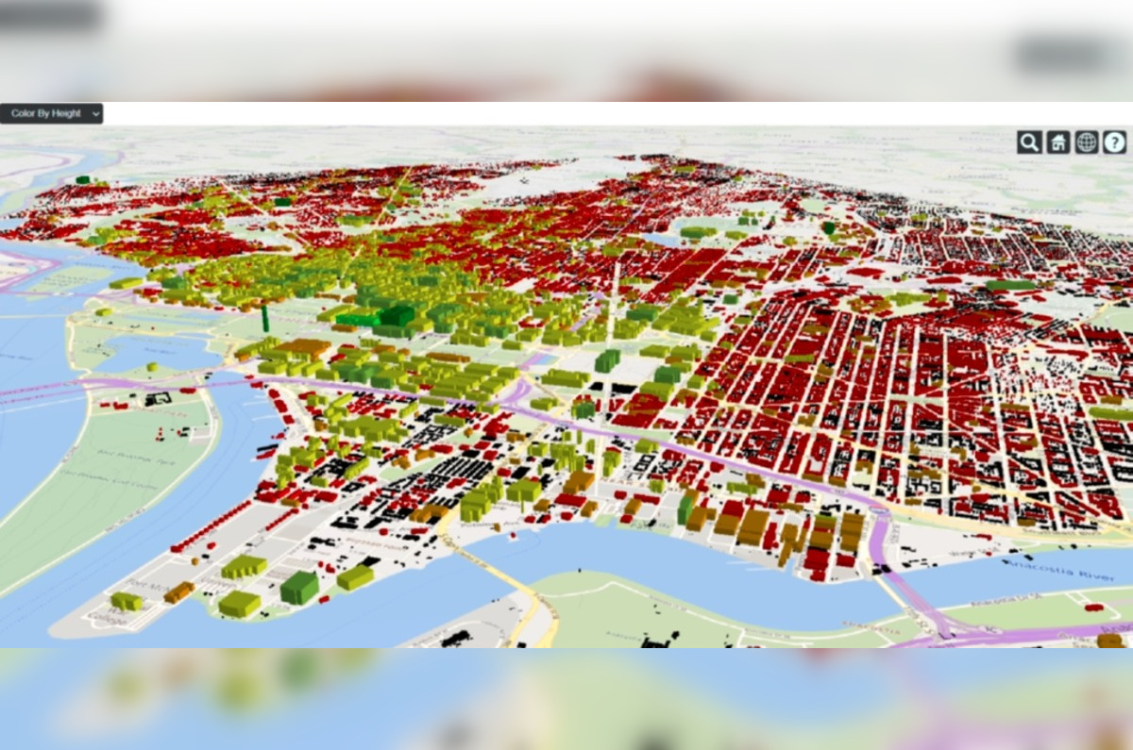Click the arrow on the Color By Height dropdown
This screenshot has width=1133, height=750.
tap(95, 113)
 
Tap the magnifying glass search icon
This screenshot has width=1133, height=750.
tap(1029, 142)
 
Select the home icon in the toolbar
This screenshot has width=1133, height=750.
tap(1058, 142)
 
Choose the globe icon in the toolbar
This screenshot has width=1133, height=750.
tap(1087, 142)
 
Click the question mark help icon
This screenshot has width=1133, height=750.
tap(1115, 142)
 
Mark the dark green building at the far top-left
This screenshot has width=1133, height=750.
tap(83, 178)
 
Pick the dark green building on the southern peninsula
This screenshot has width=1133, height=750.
tap(299, 587)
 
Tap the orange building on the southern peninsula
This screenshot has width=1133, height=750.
tap(178, 592)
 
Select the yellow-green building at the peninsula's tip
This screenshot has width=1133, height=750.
tap(127, 601)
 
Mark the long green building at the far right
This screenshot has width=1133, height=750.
tap(1010, 285)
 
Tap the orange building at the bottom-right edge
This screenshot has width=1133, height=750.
tap(1110, 641)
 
